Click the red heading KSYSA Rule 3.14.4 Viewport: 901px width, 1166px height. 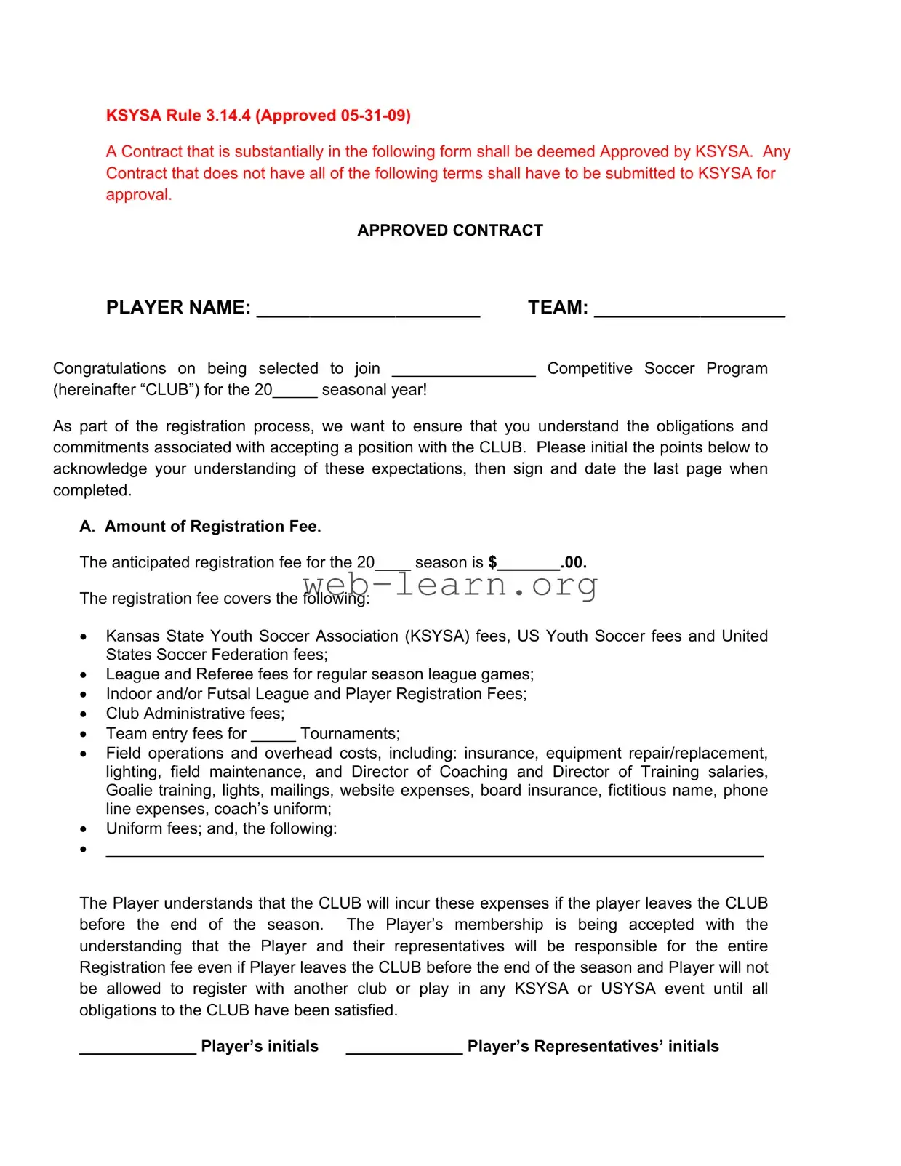pos(258,116)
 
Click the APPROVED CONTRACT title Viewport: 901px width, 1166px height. pos(450,231)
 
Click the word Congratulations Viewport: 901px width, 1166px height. pos(109,369)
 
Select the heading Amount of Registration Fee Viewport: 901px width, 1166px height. pos(212,527)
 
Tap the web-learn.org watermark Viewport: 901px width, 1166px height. pos(450,584)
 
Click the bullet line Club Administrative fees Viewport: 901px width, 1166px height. pos(195,714)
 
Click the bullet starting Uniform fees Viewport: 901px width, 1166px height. pos(221,828)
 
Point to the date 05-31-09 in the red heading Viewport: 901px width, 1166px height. pos(372,116)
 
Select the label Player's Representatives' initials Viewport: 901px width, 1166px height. pos(593,1047)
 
